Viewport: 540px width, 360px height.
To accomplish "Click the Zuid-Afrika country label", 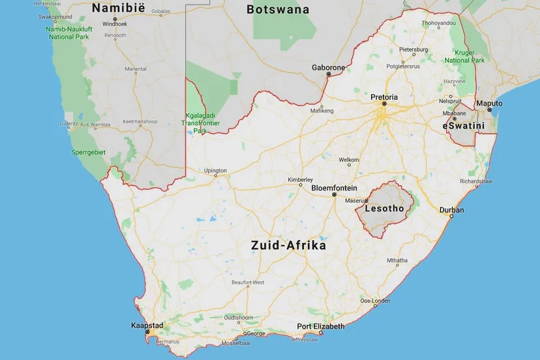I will click(x=289, y=246).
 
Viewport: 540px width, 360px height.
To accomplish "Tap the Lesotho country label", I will click(x=385, y=209).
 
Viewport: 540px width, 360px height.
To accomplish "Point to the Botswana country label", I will click(x=277, y=10).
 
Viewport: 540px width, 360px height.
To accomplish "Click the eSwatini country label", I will click(x=464, y=124).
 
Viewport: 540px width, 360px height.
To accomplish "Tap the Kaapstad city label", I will click(x=147, y=325).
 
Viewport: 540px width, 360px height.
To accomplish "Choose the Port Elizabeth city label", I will click(x=320, y=327).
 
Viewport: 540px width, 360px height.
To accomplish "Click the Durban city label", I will click(x=452, y=210).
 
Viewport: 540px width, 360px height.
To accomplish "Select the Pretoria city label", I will click(x=383, y=97).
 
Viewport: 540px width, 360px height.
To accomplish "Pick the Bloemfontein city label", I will click(x=333, y=188).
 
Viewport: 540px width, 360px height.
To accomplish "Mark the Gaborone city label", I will click(x=328, y=68).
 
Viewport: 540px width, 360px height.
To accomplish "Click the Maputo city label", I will click(x=489, y=104).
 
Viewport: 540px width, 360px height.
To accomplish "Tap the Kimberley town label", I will click(x=301, y=180).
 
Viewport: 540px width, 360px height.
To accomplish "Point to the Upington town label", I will click(x=215, y=171).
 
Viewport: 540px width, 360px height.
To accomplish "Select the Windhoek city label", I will click(x=114, y=24).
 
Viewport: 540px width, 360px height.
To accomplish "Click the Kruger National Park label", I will click(x=464, y=56).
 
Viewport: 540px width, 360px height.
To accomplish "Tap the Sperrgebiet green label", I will click(x=88, y=152).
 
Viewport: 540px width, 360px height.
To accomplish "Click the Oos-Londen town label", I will click(x=375, y=301).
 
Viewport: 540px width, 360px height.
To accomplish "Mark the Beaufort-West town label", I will click(x=248, y=282).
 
